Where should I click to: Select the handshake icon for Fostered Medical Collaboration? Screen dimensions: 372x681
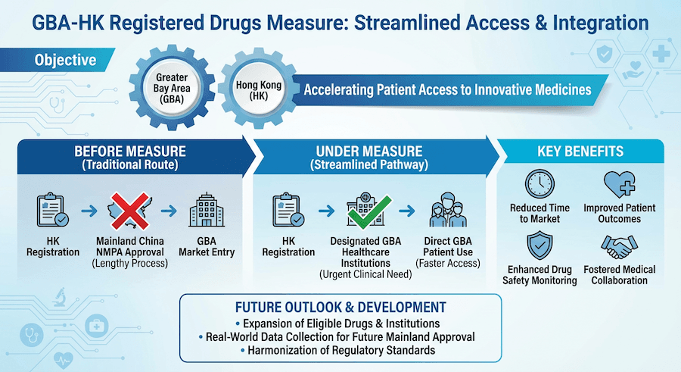tap(620, 246)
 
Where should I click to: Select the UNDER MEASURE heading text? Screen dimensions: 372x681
tap(370, 152)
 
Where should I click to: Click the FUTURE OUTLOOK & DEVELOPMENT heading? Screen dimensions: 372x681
tap(340, 308)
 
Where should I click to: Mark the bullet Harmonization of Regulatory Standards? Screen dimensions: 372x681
tap(340, 352)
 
